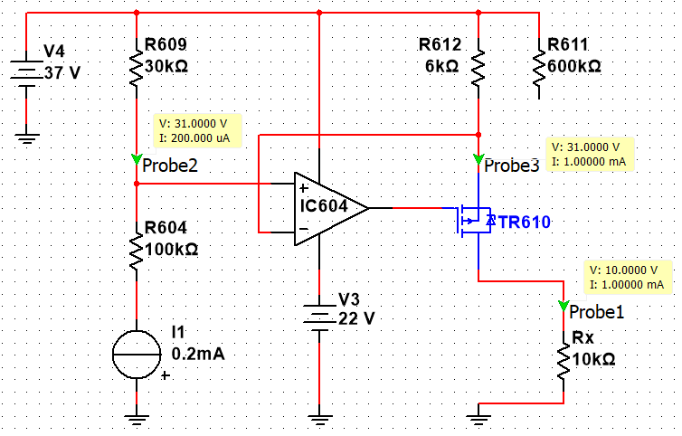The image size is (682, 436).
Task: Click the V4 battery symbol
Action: coord(26,70)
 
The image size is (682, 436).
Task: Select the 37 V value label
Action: coord(62,72)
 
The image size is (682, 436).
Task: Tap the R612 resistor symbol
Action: coord(478,66)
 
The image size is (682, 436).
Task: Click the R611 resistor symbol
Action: coord(539,66)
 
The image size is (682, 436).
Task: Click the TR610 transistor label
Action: coord(522,222)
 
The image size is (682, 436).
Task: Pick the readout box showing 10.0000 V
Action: coord(627,277)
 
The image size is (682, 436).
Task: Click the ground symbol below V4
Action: coord(26,137)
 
